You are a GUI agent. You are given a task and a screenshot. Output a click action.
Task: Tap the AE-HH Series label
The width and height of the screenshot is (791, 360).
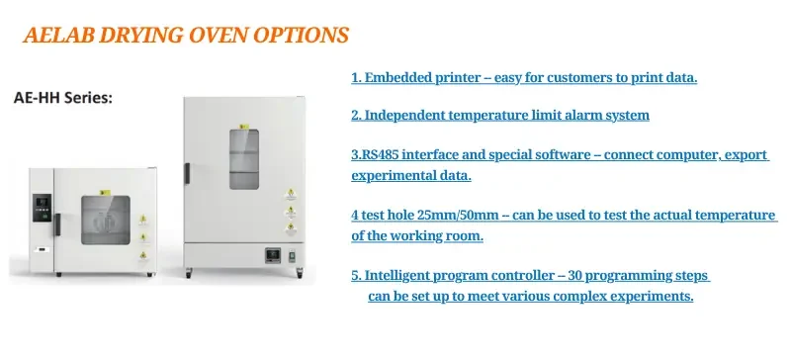(x=62, y=99)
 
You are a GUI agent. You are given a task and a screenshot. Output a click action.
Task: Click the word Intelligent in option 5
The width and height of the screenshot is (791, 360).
(x=406, y=276)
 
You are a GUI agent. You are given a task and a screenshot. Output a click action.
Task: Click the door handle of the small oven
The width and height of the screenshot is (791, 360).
(x=58, y=224)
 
